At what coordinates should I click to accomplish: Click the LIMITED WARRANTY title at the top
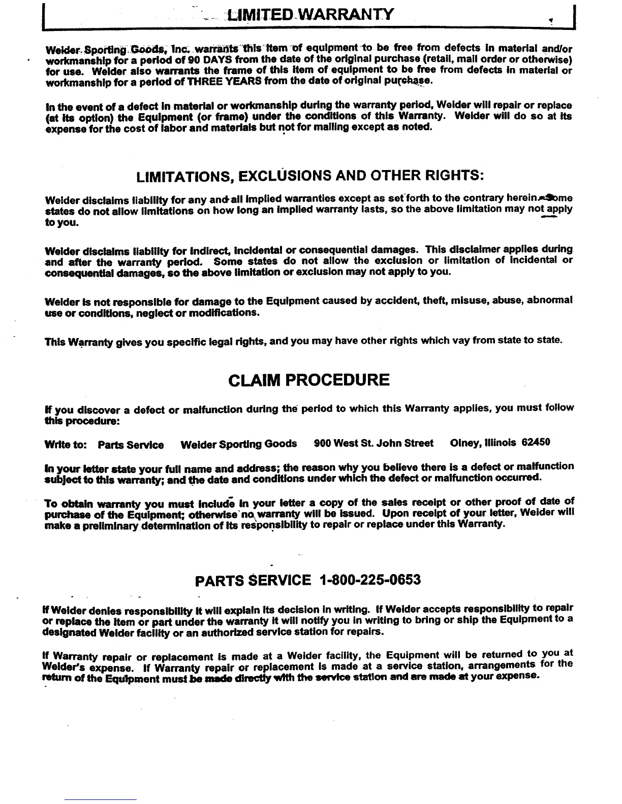[x=311, y=14]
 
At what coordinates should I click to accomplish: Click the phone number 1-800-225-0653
[x=370, y=580]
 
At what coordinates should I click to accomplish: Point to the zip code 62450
[x=536, y=443]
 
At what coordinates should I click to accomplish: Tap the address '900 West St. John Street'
[x=374, y=443]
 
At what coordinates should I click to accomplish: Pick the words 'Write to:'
[x=66, y=445]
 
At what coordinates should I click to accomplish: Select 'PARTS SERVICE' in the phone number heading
[x=253, y=580]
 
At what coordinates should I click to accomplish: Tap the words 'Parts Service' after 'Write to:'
[x=131, y=445]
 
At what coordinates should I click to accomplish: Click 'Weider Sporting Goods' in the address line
[x=238, y=444]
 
